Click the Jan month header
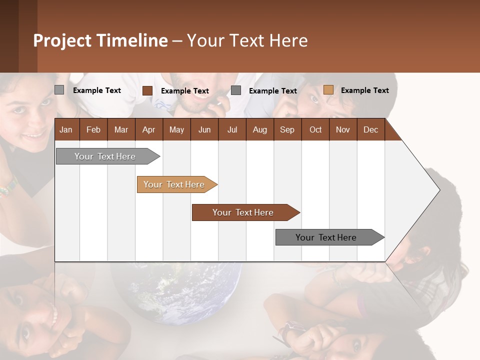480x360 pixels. click(x=66, y=129)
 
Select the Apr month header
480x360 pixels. click(x=149, y=129)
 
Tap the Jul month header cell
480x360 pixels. click(x=232, y=129)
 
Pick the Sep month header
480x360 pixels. click(x=287, y=129)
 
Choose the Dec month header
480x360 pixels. click(x=370, y=129)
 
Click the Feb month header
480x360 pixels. click(x=93, y=129)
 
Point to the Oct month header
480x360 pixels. click(x=315, y=129)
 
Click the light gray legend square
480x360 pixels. click(x=59, y=90)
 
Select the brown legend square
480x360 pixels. click(x=147, y=90)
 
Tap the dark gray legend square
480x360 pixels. click(x=236, y=90)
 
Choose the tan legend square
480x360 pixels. click(x=328, y=90)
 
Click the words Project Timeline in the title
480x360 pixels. click(x=100, y=40)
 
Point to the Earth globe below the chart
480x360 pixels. click(x=175, y=292)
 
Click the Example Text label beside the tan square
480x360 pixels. click(x=364, y=90)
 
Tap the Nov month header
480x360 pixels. click(x=343, y=129)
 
